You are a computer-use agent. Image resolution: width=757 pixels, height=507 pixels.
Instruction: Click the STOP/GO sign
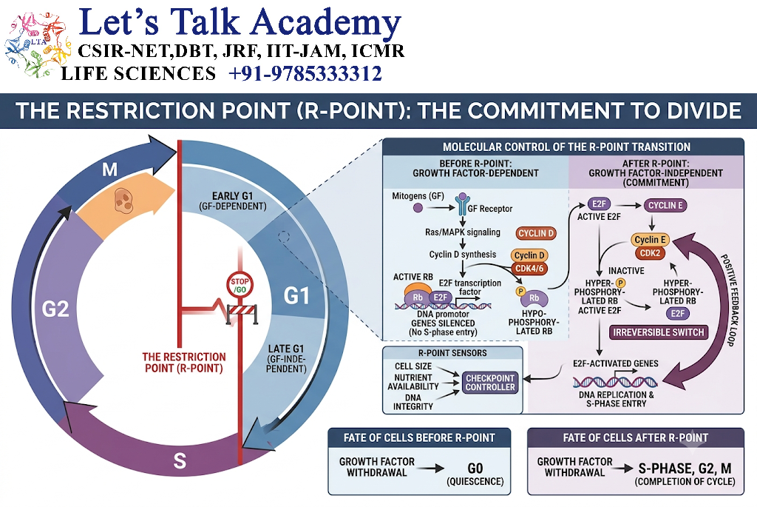(x=240, y=285)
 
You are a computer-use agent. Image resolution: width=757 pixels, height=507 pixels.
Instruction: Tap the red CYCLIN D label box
(x=536, y=233)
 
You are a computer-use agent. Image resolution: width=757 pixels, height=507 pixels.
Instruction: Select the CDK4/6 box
(x=529, y=268)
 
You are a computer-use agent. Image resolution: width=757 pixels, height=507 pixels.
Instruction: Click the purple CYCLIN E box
(x=665, y=206)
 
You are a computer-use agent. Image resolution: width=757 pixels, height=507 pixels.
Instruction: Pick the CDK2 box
(x=650, y=253)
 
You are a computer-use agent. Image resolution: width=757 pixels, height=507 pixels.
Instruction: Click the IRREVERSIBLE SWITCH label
(x=659, y=332)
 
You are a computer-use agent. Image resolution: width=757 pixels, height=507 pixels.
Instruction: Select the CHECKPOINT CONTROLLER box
(x=490, y=383)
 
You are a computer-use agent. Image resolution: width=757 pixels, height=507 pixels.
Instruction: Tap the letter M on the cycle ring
(x=109, y=169)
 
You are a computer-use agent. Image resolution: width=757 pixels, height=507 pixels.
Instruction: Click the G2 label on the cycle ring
(x=55, y=309)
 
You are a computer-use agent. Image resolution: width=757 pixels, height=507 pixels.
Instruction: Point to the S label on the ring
(x=180, y=460)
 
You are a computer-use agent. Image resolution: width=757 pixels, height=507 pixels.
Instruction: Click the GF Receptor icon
(x=463, y=204)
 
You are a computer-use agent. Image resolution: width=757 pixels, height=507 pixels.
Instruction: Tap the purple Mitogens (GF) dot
(x=418, y=208)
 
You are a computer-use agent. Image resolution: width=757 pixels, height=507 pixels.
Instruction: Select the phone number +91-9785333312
(x=305, y=74)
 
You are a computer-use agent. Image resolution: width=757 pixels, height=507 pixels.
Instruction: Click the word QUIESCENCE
(x=475, y=482)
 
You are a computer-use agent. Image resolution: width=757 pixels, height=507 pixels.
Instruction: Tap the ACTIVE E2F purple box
(x=599, y=204)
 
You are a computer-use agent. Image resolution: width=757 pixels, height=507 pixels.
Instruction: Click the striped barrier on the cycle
(x=242, y=312)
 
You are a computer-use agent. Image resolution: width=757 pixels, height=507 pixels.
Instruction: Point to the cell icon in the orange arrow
(x=123, y=201)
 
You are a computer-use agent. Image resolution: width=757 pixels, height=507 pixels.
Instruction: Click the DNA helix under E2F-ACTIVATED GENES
(x=615, y=382)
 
